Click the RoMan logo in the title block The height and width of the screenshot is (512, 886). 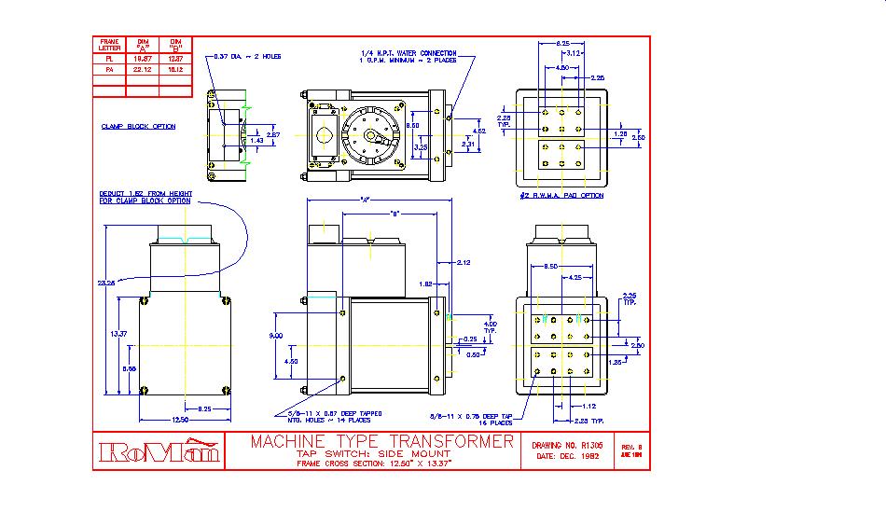(159, 451)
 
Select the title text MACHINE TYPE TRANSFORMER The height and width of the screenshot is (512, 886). (381, 441)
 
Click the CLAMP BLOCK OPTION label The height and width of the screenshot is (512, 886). (138, 126)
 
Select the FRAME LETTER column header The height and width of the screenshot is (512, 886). (108, 44)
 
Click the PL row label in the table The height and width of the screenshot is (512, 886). (108, 58)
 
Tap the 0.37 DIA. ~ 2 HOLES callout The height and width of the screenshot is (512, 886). (247, 56)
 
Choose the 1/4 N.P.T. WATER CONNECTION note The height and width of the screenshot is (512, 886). (408, 53)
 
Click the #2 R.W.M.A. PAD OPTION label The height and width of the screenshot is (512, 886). (561, 196)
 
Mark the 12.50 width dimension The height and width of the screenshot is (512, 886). (174, 419)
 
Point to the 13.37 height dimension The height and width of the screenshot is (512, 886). (118, 333)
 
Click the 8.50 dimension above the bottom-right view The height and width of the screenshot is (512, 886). (551, 267)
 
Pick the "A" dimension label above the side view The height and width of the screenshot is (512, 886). (364, 200)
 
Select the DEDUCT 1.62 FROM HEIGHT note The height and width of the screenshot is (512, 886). (145, 197)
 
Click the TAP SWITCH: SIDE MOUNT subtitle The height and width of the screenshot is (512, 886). (381, 453)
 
